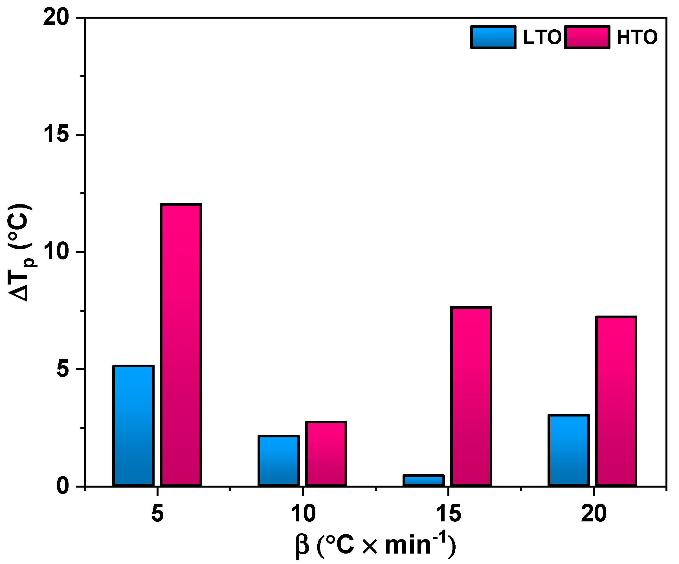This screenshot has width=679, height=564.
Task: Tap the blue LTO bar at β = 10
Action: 278,461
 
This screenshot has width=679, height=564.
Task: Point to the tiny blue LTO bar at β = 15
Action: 424,481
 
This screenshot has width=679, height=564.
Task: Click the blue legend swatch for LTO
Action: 493,37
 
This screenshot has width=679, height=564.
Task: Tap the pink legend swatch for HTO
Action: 587,37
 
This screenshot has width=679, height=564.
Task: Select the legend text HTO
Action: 637,37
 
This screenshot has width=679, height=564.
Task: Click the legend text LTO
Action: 542,37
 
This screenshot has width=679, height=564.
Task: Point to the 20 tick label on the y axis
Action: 57,18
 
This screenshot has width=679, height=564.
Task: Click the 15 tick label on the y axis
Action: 57,135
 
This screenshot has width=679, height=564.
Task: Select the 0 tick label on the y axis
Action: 63,486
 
